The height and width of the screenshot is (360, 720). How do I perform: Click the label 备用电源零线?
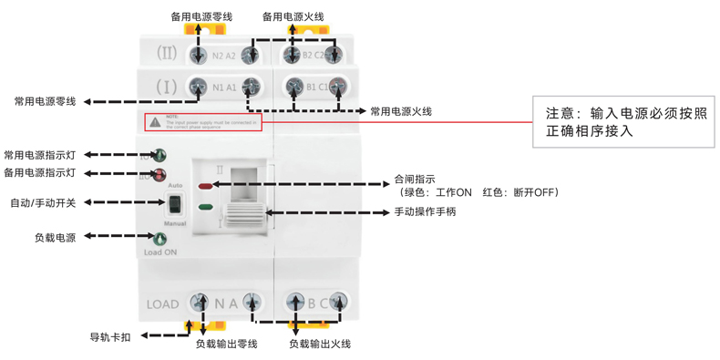[201, 15]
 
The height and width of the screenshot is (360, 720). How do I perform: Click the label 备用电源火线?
[293, 15]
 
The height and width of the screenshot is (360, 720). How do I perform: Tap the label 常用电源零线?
[45, 100]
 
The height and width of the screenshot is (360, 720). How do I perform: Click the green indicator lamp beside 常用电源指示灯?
[160, 156]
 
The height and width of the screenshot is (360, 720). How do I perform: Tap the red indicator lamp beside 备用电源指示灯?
[160, 173]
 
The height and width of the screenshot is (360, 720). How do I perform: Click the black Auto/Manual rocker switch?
[175, 203]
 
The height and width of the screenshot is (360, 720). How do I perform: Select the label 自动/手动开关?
[43, 202]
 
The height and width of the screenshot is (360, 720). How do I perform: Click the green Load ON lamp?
[160, 239]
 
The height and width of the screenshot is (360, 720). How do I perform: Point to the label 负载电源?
[55, 238]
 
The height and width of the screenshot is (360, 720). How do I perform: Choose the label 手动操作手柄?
[425, 212]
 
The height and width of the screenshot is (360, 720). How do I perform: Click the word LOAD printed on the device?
[162, 303]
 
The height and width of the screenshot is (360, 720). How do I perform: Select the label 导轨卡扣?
[109, 336]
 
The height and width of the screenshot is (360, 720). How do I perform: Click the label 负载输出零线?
[226, 345]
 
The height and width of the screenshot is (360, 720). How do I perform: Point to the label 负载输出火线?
[319, 345]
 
